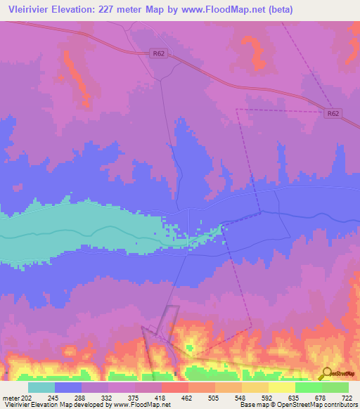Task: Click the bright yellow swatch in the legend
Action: pyautogui.click(x=281, y=387)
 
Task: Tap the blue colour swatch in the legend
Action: pyautogui.click(x=68, y=387)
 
